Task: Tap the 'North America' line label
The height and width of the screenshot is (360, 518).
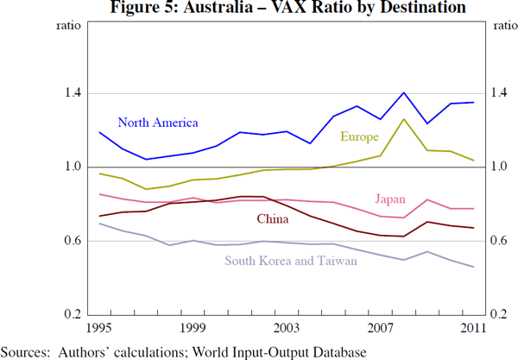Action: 158,123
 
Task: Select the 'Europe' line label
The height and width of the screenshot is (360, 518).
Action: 359,136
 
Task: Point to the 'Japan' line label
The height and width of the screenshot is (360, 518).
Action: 390,199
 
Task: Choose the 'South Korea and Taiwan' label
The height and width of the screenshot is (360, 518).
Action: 290,260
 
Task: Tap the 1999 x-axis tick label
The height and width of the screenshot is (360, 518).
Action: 193,327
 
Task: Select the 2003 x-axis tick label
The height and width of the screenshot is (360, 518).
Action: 287,327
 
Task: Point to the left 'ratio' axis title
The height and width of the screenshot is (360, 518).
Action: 69,25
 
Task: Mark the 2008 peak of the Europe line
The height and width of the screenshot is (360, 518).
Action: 404,119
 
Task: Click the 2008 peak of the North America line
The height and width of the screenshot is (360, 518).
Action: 404,92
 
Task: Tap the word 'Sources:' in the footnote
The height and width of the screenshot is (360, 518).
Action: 27,351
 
